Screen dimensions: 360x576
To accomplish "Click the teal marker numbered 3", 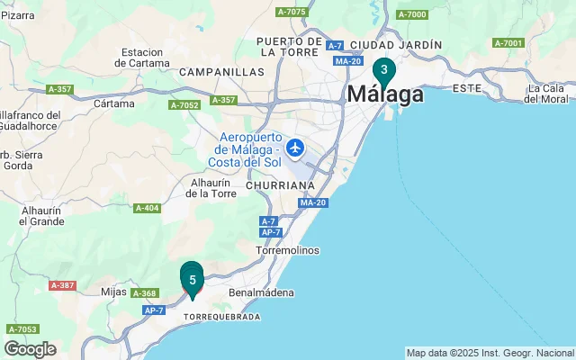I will point(384,70).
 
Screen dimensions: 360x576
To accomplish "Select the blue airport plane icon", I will point(295,147).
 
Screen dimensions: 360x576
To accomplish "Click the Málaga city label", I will point(385,94).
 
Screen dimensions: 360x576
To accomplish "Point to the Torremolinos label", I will point(287,249).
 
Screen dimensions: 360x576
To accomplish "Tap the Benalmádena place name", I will point(262,293).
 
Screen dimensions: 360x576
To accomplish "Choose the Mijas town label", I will point(113,292).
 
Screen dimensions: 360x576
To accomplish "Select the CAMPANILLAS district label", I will point(221,71).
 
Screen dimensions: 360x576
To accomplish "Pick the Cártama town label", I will point(113,103).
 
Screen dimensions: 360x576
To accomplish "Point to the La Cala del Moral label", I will point(546,94).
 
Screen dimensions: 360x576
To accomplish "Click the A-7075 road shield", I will point(292,12).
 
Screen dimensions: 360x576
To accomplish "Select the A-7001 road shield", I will point(508,42).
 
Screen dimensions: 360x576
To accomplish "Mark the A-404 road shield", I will point(147,209).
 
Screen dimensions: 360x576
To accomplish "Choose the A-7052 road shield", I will point(184,105).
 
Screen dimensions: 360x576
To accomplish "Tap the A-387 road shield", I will point(63,285).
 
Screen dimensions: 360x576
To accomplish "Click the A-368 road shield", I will point(146,293).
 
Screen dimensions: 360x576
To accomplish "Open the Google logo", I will point(30,348).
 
